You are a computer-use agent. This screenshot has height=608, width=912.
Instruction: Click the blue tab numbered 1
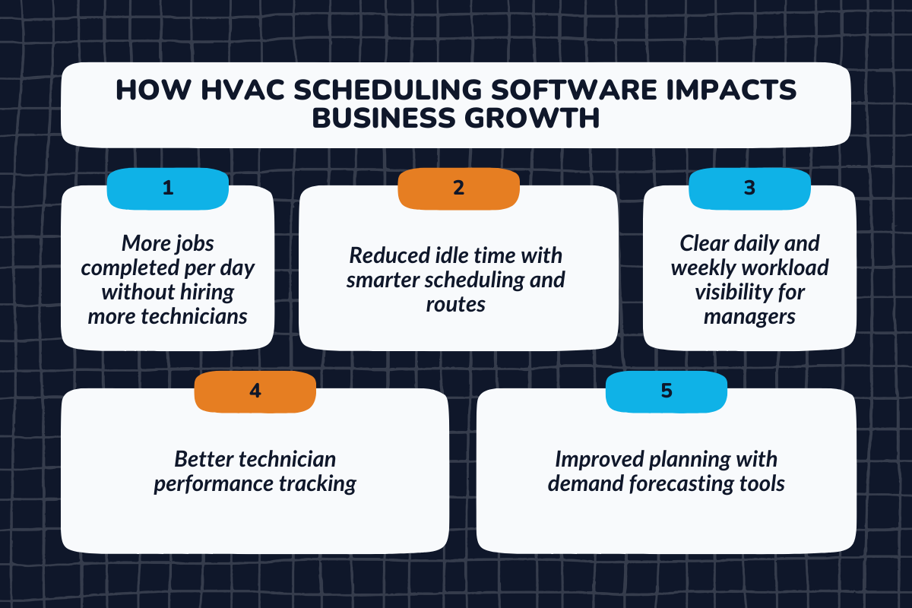click(x=167, y=188)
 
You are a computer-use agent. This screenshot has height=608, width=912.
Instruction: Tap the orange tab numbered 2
click(x=458, y=188)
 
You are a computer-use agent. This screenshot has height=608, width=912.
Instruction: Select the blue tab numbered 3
click(x=749, y=188)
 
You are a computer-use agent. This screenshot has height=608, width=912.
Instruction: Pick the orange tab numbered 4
click(x=255, y=391)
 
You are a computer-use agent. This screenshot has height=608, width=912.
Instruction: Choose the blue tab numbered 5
click(x=666, y=391)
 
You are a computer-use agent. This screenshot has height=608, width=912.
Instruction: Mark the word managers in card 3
click(x=749, y=316)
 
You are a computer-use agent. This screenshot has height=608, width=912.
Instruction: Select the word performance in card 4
click(x=218, y=484)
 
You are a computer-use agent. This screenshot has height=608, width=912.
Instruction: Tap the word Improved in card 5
click(x=597, y=460)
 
